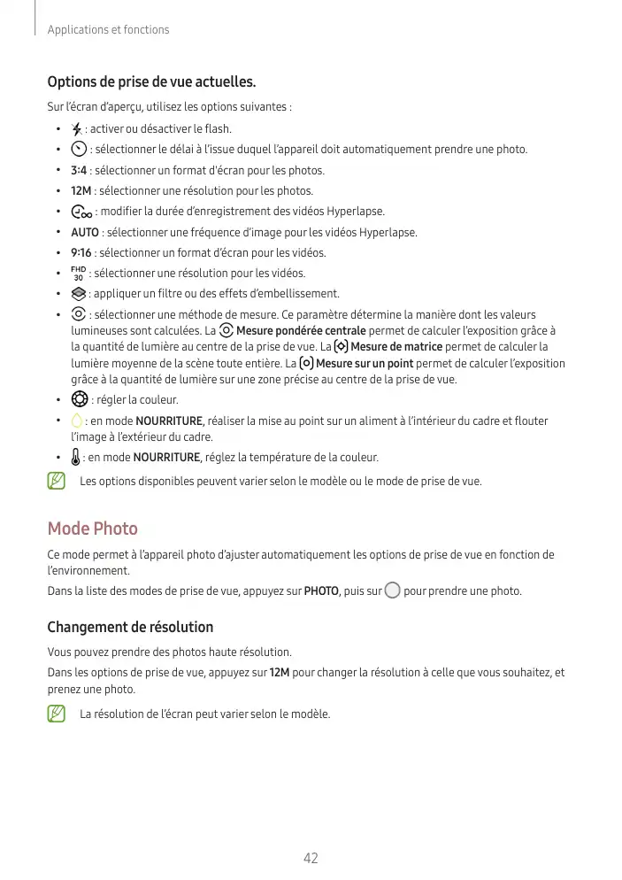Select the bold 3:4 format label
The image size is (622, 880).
pyautogui.click(x=79, y=170)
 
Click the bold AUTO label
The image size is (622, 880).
pyautogui.click(x=85, y=232)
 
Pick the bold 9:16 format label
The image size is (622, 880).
pyautogui.click(x=81, y=252)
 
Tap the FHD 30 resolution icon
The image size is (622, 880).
pyautogui.click(x=78, y=273)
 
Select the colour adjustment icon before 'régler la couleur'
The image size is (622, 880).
pyautogui.click(x=79, y=399)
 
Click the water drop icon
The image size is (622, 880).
pyautogui.click(x=77, y=421)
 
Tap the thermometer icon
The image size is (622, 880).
pyautogui.click(x=76, y=458)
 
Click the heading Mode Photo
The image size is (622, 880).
pyautogui.click(x=92, y=529)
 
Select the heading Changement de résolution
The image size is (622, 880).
pyautogui.click(x=130, y=627)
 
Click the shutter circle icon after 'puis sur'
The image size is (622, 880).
pyautogui.click(x=392, y=591)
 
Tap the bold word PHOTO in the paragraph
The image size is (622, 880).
pyautogui.click(x=319, y=591)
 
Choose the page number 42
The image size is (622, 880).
pyautogui.click(x=311, y=858)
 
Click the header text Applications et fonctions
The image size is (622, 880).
pyautogui.click(x=108, y=30)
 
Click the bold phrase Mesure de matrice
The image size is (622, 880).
pyautogui.click(x=396, y=346)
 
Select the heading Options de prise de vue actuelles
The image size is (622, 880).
pyautogui.click(x=151, y=83)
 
